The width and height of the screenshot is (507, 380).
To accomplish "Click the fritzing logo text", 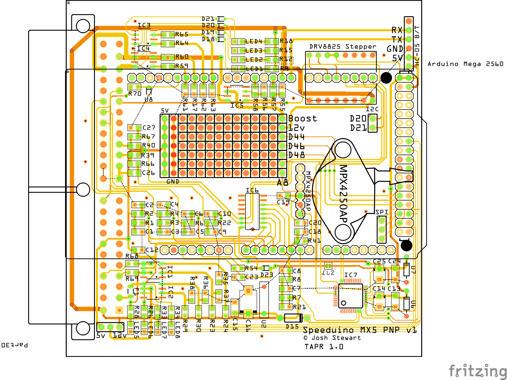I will pyautogui.click(x=477, y=371).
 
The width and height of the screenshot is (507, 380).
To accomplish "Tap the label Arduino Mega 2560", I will pyautogui.click(x=465, y=64).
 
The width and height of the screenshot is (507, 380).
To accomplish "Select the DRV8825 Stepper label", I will pyautogui.click(x=342, y=46).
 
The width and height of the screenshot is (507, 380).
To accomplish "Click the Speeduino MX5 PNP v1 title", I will pyautogui.click(x=359, y=330).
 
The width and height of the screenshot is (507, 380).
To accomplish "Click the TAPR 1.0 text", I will pyautogui.click(x=324, y=347).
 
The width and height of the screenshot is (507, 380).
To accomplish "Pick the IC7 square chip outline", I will pyautogui.click(x=350, y=296).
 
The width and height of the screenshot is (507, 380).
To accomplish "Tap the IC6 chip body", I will pyautogui.click(x=252, y=212).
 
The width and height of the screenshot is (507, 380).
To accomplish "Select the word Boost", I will pyautogui.click(x=302, y=119).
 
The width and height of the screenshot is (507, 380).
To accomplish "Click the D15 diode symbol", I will pyautogui.click(x=293, y=318).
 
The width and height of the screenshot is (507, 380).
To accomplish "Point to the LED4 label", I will pyautogui.click(x=253, y=41).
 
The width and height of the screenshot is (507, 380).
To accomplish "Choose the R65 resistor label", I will pyautogui.click(x=182, y=34).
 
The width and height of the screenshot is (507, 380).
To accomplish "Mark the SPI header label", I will pyautogui.click(x=382, y=212).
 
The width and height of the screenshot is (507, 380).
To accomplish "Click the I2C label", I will pyautogui.click(x=372, y=109).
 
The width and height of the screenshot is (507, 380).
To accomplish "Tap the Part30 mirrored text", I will pyautogui.click(x=14, y=345).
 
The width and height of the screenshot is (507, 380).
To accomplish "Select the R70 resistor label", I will pyautogui.click(x=135, y=94).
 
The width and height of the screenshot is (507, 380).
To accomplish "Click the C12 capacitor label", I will pyautogui.click(x=152, y=250).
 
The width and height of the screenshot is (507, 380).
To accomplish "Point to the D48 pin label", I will pyautogui.click(x=296, y=155).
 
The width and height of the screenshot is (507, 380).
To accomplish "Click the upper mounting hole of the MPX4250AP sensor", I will pyautogui.click(x=343, y=150).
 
